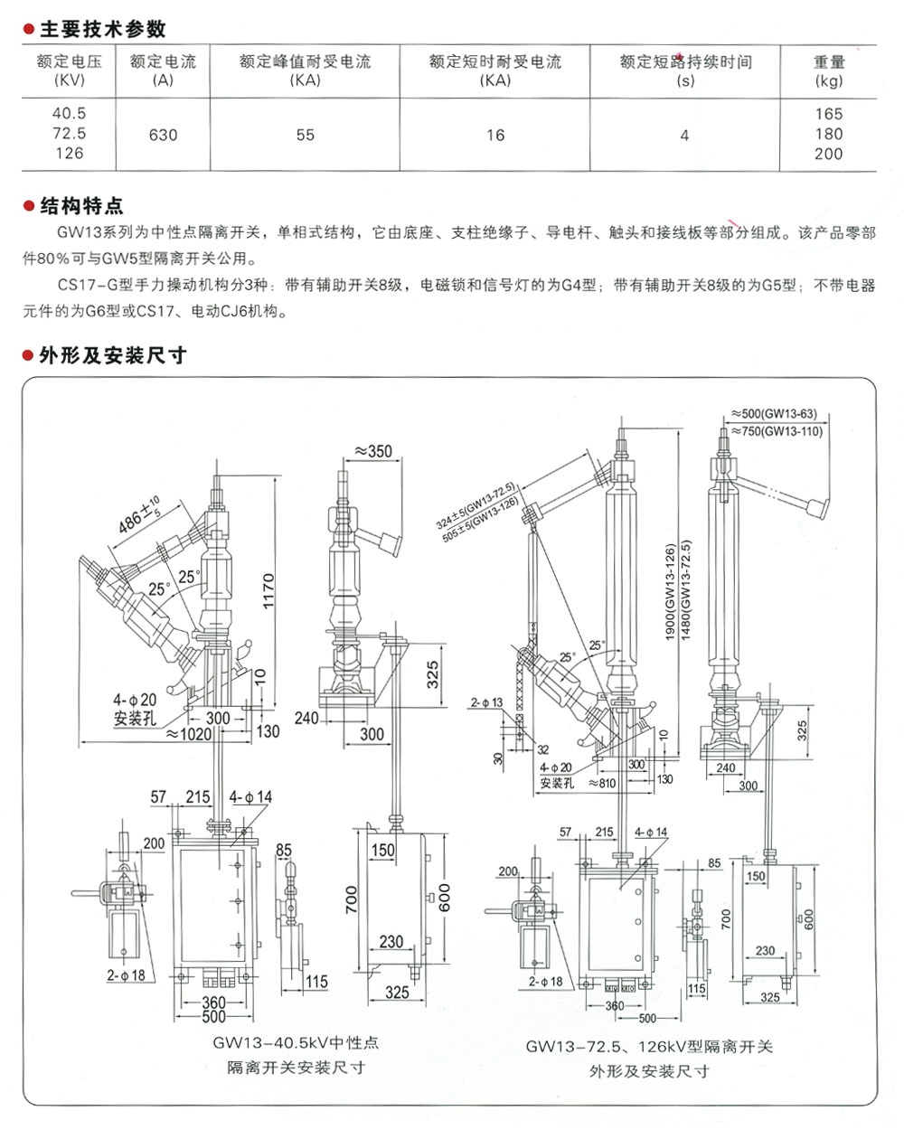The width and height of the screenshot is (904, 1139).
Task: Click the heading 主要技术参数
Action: click(x=102, y=29)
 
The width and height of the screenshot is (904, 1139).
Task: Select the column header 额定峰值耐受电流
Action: click(x=305, y=62)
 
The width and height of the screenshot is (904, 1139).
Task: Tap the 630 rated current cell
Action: click(x=163, y=135)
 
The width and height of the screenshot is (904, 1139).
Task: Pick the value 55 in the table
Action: click(x=306, y=135)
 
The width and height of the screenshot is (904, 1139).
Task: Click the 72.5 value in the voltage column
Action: click(x=69, y=134)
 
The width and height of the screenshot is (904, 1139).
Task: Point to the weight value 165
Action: click(x=828, y=114)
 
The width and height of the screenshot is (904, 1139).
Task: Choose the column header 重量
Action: click(x=828, y=62)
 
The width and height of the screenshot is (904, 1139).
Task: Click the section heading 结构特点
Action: click(x=81, y=205)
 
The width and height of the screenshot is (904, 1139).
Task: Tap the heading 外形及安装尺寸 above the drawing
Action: click(x=113, y=355)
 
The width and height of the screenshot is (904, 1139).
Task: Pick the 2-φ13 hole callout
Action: click(x=486, y=701)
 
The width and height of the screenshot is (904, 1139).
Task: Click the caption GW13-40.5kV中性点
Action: click(x=296, y=1042)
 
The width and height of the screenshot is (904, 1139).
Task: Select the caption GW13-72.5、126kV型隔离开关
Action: click(x=649, y=1047)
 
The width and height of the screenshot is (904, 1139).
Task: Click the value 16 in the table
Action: click(x=495, y=135)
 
